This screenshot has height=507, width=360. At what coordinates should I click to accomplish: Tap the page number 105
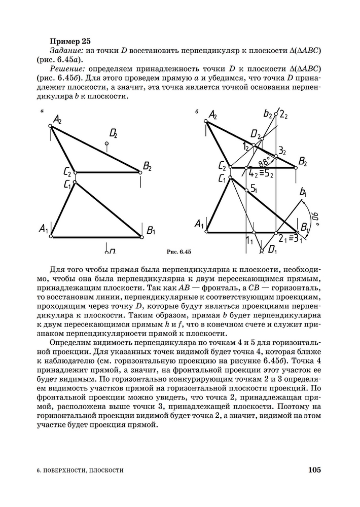point(314,470)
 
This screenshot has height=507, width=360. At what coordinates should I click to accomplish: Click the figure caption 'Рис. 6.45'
point(178,252)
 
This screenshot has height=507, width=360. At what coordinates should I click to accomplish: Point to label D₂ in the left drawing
point(113,134)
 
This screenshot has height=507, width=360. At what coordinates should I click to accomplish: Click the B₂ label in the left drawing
point(148,165)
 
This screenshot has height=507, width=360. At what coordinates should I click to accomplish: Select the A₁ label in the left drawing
point(43,230)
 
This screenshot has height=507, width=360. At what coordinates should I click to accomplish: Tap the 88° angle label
point(264,162)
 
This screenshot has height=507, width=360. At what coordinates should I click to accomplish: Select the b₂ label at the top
point(267,114)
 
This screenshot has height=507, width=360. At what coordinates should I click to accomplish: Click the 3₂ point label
point(282,151)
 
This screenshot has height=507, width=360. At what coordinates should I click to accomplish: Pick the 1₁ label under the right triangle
point(249,241)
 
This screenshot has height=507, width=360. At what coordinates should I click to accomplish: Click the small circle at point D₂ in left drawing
point(106,144)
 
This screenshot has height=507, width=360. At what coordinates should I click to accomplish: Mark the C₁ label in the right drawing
point(222,178)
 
